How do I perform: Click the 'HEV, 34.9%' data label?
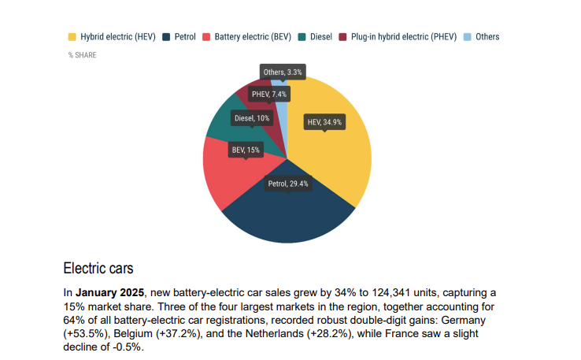(x=324, y=122)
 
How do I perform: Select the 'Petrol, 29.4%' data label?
(x=288, y=184)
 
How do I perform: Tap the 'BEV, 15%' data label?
(x=245, y=149)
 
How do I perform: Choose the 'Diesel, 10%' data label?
(x=251, y=118)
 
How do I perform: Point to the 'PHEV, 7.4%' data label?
(x=269, y=95)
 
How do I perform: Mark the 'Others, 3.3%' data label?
(x=283, y=72)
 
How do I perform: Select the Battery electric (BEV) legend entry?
(x=247, y=36)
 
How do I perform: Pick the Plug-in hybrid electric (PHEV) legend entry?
(x=398, y=36)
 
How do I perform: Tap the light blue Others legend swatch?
(x=468, y=36)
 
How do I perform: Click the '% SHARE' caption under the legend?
(x=82, y=56)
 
